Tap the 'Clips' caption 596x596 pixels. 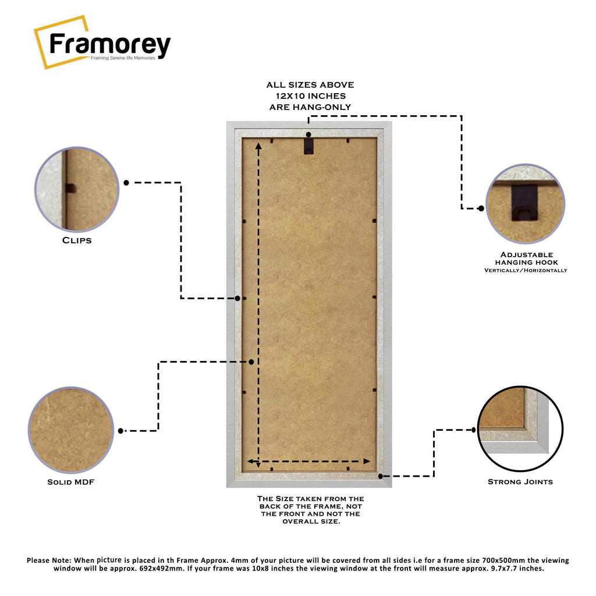coord(77,240)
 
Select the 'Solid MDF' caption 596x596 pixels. coord(70,482)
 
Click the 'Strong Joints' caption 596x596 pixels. coord(520,481)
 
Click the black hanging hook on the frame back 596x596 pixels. coord(308,146)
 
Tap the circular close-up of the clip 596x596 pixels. coord(77,189)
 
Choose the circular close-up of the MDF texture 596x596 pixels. coord(71,430)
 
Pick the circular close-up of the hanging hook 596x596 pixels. coord(526,204)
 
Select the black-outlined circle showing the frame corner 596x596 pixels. coord(520,428)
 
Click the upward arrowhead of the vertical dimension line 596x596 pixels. coord(258,146)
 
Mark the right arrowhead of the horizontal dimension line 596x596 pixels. coord(367,462)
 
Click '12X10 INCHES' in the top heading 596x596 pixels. coord(311,96)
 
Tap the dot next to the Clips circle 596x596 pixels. coord(126,183)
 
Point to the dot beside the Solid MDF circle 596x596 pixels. coord(120,431)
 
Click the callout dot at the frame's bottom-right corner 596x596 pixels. coord(381,476)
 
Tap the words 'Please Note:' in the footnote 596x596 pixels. coord(49,560)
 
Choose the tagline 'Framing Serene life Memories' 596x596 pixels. coord(123,58)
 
